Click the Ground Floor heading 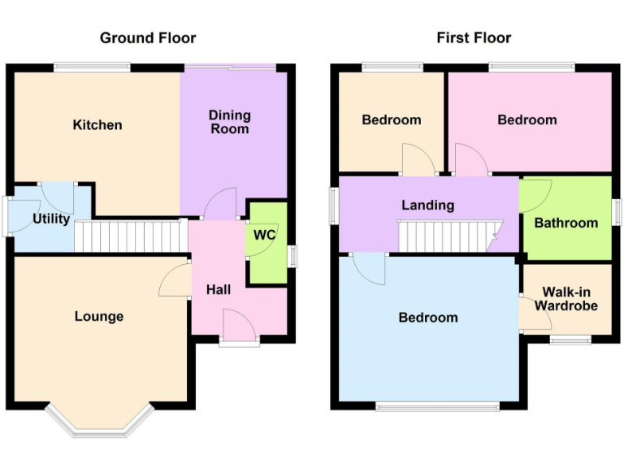pyautogui.click(x=148, y=37)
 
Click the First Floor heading pyautogui.click(x=474, y=37)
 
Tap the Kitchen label pyautogui.click(x=97, y=125)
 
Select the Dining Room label pyautogui.click(x=229, y=122)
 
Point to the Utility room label pyautogui.click(x=51, y=219)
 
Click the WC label pyautogui.click(x=264, y=235)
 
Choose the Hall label pyautogui.click(x=218, y=289)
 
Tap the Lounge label pyautogui.click(x=99, y=316)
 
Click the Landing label pyautogui.click(x=427, y=206)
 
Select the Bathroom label pyautogui.click(x=566, y=223)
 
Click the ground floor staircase pyautogui.click(x=127, y=237)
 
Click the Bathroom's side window pyautogui.click(x=617, y=213)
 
